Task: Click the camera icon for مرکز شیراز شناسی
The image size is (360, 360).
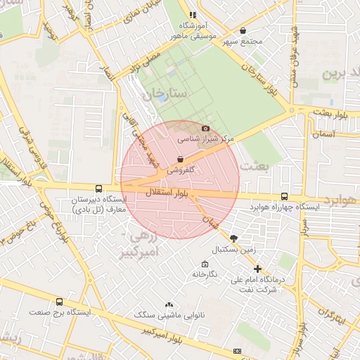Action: [x=205, y=128]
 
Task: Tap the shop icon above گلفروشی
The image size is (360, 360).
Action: [x=182, y=159]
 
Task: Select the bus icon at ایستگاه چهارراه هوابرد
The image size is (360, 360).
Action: [x=284, y=197]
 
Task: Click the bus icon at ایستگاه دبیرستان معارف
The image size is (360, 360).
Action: [x=98, y=188]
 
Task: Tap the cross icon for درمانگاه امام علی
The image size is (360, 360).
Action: [x=257, y=269]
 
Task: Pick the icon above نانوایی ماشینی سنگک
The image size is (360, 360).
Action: [x=168, y=304]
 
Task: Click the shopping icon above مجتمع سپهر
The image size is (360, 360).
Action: [x=243, y=30]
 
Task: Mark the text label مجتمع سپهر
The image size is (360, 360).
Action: [x=243, y=42]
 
